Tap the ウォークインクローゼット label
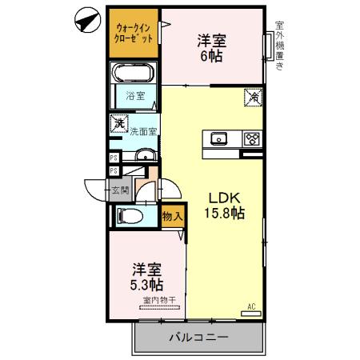pyautogui.click(x=134, y=33)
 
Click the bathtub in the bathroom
pyautogui.click(x=134, y=74)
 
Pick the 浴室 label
pyautogui.click(x=135, y=98)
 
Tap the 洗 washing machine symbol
pyautogui.click(x=119, y=124)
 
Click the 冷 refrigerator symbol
pyautogui.click(x=250, y=98)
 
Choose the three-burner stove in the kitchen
pyautogui.click(x=251, y=138)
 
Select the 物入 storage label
pyautogui.click(x=172, y=216)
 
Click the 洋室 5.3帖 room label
pyautogui.click(x=146, y=277)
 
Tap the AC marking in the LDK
pyautogui.click(x=251, y=306)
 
